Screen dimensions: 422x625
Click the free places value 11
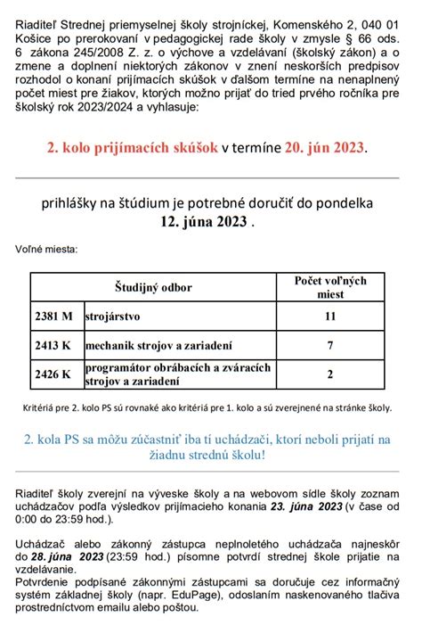[x=330, y=316]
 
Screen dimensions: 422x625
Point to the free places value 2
[x=330, y=374]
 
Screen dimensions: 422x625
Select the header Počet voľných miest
[x=330, y=287]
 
